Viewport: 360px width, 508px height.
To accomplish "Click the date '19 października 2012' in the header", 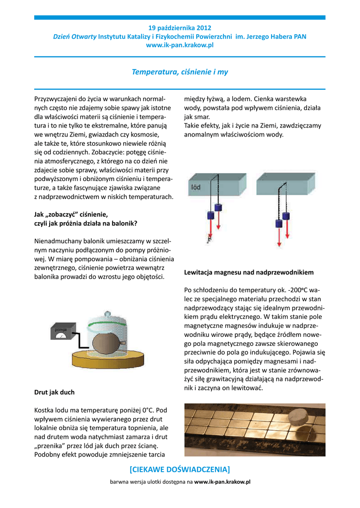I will coord(180,28).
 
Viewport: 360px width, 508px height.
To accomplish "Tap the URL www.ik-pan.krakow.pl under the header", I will coord(180,45).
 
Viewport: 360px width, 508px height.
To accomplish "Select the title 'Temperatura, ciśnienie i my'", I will coord(180,72).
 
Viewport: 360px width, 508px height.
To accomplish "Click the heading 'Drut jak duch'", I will coord(54,392).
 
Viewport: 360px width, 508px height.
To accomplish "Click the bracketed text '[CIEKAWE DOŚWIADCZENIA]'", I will coord(180,469).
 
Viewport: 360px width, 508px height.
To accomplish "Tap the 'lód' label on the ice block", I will coord(196,188).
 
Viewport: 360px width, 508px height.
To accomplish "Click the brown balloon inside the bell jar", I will coord(107,343).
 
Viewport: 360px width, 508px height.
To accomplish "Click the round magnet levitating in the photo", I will coord(300,416).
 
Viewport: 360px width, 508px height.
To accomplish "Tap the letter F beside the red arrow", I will coord(210,241).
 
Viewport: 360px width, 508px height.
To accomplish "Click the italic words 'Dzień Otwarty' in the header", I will coord(74,37).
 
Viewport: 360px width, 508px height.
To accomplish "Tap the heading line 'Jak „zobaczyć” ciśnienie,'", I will coord(71,214).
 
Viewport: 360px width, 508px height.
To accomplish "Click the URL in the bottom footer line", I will coord(222,482).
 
